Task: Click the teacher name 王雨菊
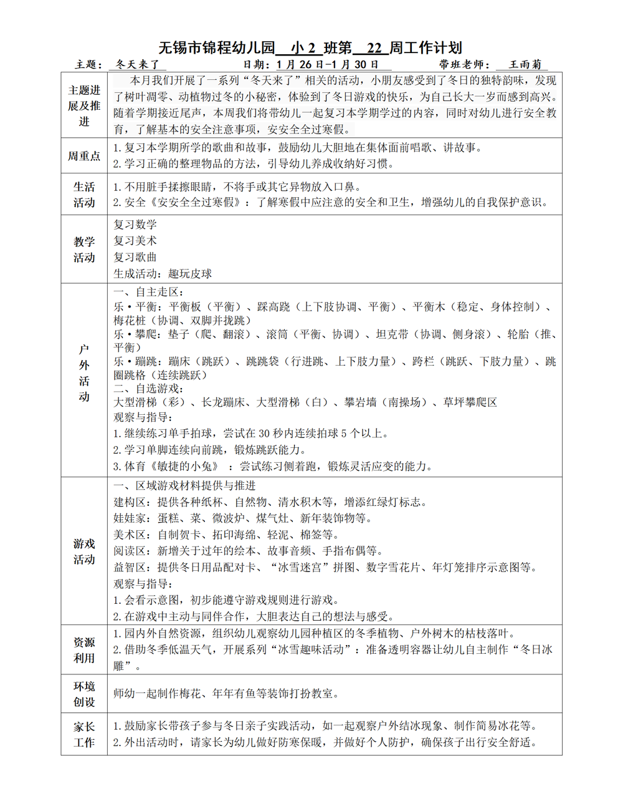[525, 64]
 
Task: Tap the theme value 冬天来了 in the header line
[138, 64]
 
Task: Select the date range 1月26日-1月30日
[328, 64]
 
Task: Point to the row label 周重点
[84, 156]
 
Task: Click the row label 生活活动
[84, 195]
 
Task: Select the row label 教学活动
[84, 250]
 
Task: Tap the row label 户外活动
[84, 373]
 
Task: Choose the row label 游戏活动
[84, 551]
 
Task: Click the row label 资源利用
[84, 650]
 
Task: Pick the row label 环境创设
[84, 694]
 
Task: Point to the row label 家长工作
[84, 734]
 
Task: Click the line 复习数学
[135, 225]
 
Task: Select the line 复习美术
[135, 241]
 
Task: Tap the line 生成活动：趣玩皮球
[163, 274]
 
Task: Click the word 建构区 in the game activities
[130, 502]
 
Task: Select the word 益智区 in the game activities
[130, 568]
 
